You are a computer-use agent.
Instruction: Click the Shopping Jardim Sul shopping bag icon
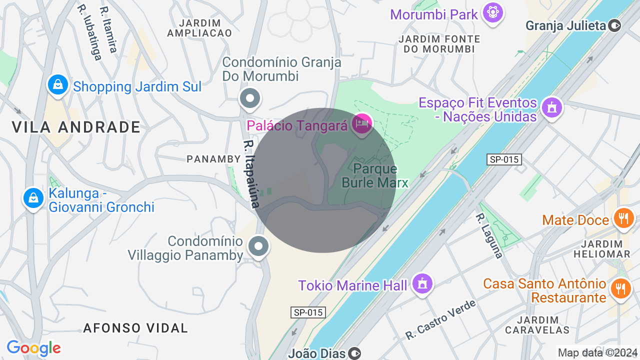[x=58, y=84]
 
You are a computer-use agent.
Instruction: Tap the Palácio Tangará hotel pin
[x=362, y=123]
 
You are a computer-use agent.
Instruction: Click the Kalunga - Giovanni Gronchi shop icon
[x=33, y=198]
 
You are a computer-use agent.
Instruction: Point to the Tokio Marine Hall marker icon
[x=422, y=284]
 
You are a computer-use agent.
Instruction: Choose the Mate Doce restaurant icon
[x=623, y=218]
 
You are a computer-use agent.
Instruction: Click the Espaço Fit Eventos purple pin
[x=552, y=107]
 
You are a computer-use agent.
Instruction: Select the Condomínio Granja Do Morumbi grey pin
[x=249, y=98]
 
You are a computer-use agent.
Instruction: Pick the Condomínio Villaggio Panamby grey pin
[x=258, y=246]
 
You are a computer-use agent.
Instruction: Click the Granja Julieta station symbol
[x=615, y=25]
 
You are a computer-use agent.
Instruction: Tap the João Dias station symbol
[x=354, y=353]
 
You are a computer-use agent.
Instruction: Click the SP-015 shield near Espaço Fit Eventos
[x=504, y=159]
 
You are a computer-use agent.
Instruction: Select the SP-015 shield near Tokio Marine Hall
[x=308, y=312]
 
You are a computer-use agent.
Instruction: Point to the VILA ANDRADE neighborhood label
[x=76, y=127]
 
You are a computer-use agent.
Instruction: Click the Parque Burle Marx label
[x=375, y=175]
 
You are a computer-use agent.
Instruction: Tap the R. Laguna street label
[x=488, y=236]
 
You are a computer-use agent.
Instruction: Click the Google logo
[x=33, y=348]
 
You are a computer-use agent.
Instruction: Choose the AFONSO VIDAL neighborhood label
[x=135, y=328]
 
